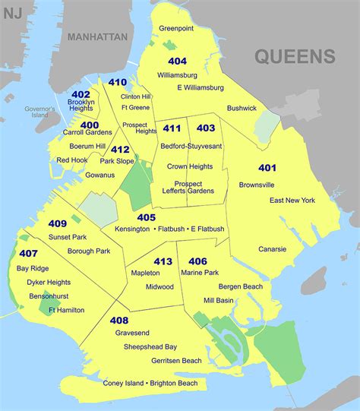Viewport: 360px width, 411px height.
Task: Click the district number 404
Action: pyautogui.click(x=177, y=62)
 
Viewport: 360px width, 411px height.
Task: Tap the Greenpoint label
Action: pyautogui.click(x=177, y=28)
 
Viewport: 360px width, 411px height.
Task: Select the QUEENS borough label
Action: pyautogui.click(x=295, y=56)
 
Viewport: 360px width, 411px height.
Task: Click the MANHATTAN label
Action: pyautogui.click(x=98, y=36)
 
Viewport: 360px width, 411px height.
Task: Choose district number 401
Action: pyautogui.click(x=267, y=167)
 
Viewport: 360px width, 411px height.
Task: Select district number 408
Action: pyautogui.click(x=118, y=321)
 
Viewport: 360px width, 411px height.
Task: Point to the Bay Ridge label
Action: pyautogui.click(x=33, y=269)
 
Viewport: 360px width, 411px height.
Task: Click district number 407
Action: pyautogui.click(x=29, y=254)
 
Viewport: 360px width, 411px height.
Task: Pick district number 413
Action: pyautogui.click(x=163, y=261)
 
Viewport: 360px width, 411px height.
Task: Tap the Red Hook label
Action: pyautogui.click(x=72, y=160)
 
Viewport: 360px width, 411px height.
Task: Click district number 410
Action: pyautogui.click(x=118, y=82)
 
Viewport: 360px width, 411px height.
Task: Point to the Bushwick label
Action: pyautogui.click(x=242, y=109)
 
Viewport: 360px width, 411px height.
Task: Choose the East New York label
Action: pyautogui.click(x=292, y=201)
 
